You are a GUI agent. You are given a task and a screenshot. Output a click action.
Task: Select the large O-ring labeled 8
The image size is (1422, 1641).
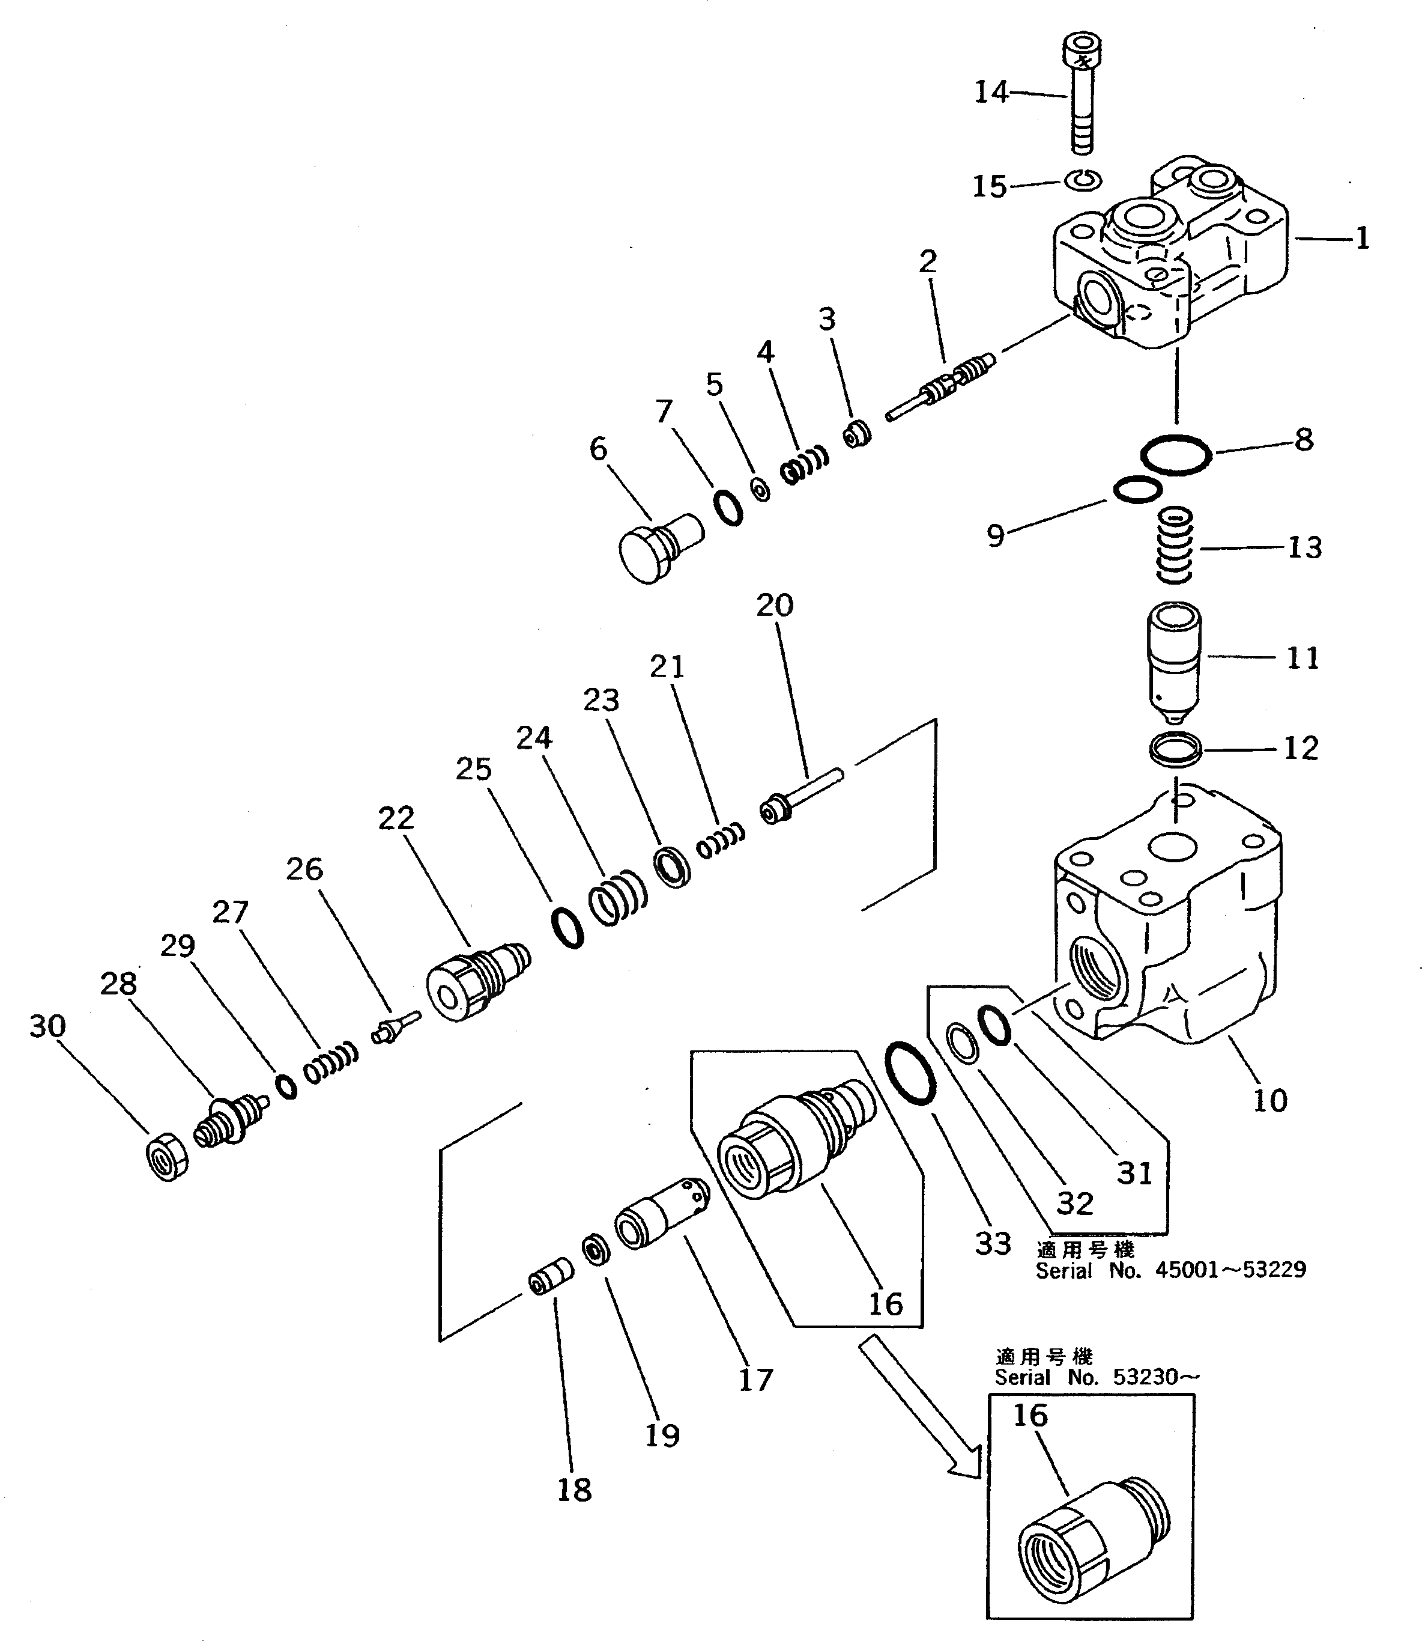(1176, 455)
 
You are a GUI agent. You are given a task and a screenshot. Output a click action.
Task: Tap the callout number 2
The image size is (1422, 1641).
(928, 261)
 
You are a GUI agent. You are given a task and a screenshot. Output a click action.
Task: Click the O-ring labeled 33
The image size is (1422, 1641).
(909, 1073)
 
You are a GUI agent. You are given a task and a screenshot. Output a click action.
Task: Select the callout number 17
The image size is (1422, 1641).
(755, 1380)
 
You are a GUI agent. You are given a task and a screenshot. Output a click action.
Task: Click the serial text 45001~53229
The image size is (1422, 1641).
(1229, 1270)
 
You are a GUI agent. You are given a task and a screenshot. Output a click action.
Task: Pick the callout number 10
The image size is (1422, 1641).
(1269, 1100)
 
